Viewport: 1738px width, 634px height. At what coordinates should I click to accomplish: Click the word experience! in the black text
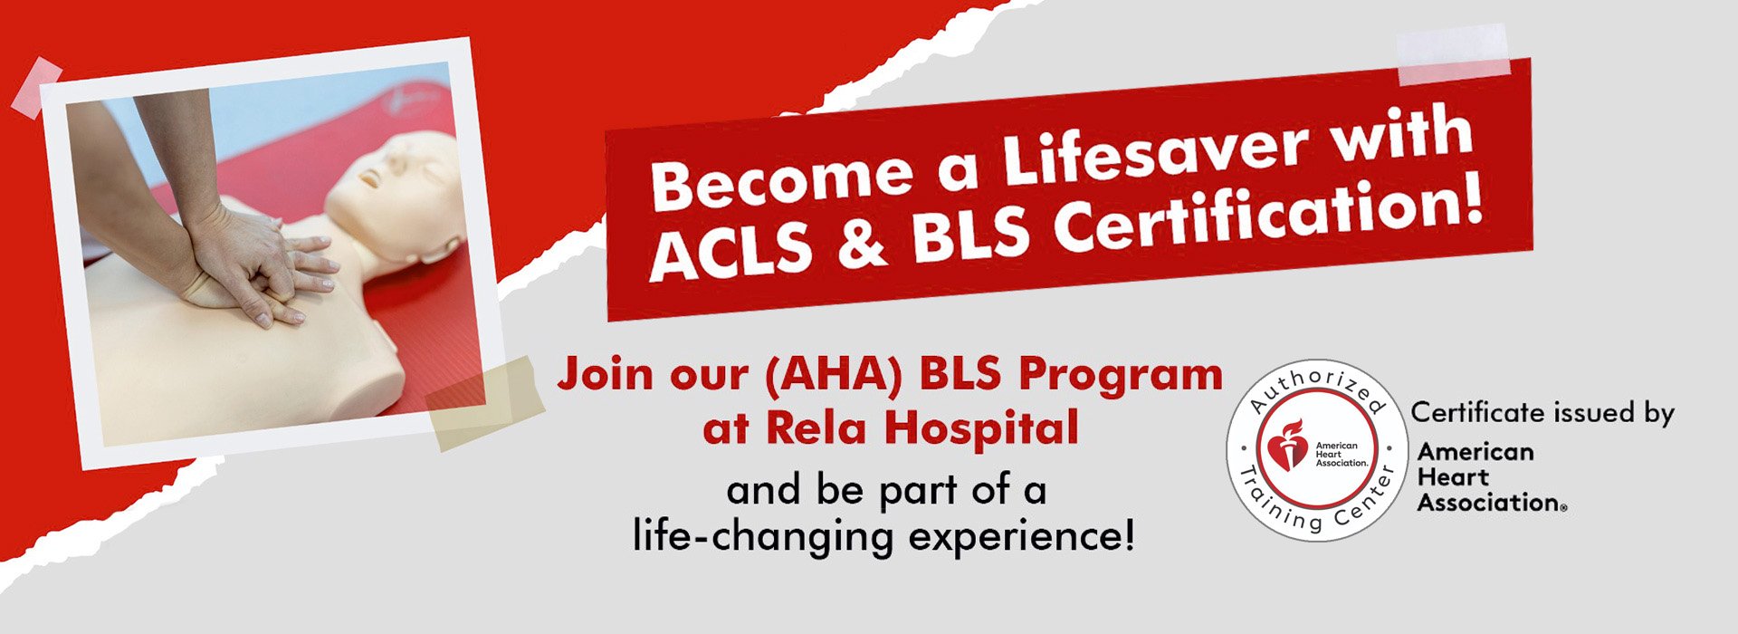pos(1022,537)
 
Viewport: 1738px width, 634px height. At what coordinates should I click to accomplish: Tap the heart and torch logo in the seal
pos(1287,446)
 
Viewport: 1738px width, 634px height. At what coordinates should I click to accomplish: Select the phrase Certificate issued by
pos(1542,413)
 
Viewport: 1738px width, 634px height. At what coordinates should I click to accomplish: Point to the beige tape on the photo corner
pos(484,404)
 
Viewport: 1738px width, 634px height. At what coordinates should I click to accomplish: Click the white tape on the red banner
pos(1453,55)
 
